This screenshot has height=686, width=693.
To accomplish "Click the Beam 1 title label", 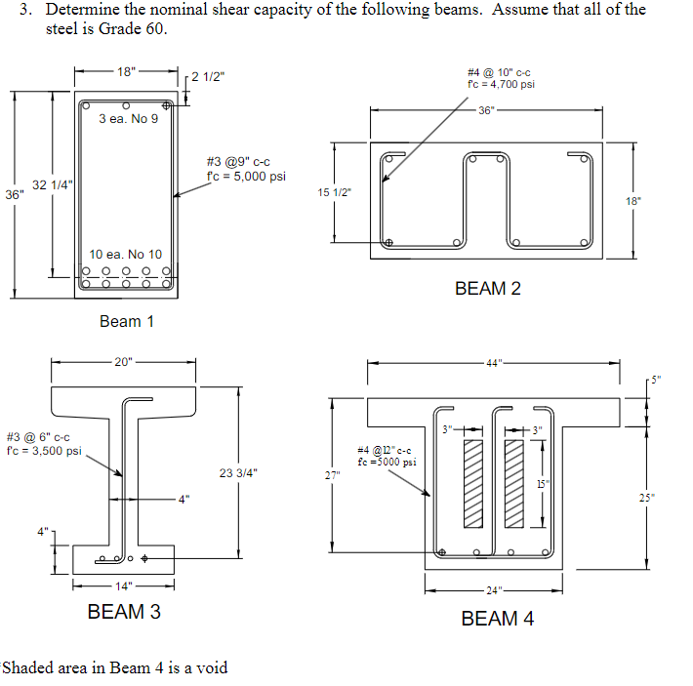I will coord(127,321).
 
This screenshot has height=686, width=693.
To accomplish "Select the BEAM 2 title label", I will coord(488,289).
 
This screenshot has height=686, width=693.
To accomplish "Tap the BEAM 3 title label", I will coord(124,612).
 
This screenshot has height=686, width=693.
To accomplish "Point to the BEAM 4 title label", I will coord(497,619).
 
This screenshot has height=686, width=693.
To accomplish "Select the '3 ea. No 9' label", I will coord(128,119).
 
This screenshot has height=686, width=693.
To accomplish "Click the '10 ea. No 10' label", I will coord(126,255).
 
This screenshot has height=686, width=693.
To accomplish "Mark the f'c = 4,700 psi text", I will coord(502,84).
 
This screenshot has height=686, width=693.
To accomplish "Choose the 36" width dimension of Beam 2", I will coord(488,108).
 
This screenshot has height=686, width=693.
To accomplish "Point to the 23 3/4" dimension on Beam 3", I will coord(238,472).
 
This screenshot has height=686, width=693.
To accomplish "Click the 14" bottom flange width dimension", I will coord(123,586).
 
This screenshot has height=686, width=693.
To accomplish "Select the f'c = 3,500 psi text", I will coord(44,451).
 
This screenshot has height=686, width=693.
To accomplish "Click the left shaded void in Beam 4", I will coord(473,484).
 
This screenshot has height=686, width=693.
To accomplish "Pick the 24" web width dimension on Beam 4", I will coord(495,590).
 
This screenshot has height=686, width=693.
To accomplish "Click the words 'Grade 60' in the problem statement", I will coord(136,28).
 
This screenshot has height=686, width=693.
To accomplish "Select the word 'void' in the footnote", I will coord(211,667).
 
